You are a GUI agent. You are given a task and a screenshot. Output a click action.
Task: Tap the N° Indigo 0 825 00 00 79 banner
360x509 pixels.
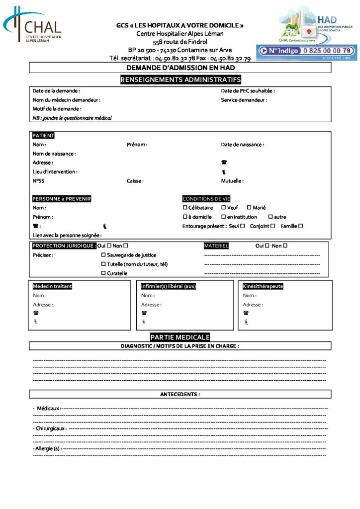(x=306, y=51)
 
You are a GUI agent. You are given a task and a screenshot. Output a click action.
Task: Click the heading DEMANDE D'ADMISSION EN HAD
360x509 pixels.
(x=180, y=68)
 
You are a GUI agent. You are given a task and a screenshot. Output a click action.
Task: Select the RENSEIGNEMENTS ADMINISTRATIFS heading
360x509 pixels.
(x=180, y=80)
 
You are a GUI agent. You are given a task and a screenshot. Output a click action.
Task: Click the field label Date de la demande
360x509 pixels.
(x=56, y=91)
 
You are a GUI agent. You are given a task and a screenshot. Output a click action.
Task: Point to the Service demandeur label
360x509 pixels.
(x=244, y=100)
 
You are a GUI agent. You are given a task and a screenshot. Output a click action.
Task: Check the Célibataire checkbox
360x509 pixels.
(x=185, y=208)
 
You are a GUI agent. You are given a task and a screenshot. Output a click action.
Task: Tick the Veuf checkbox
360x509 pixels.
(x=224, y=208)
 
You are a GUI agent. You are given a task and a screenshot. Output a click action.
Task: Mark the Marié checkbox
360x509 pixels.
(x=249, y=208)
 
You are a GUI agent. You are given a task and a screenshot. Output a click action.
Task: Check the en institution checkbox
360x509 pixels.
(x=224, y=217)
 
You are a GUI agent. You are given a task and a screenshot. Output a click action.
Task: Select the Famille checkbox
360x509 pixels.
(x=300, y=226)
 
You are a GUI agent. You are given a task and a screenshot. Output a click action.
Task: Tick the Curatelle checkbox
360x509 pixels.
(x=103, y=273)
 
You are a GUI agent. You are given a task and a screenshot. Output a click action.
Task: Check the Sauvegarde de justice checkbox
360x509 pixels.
(x=103, y=255)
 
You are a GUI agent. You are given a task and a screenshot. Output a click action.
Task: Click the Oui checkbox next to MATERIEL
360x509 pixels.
(x=267, y=246)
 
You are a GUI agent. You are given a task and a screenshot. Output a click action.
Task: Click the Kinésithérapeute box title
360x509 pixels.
(x=263, y=286)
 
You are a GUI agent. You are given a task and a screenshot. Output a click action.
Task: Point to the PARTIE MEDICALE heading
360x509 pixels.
(x=180, y=337)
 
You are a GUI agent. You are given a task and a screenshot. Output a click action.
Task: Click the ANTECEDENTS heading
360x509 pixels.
(x=180, y=394)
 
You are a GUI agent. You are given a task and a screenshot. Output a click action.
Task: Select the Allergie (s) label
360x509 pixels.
(x=47, y=449)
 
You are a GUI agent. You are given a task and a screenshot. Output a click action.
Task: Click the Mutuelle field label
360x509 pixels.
(x=232, y=181)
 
